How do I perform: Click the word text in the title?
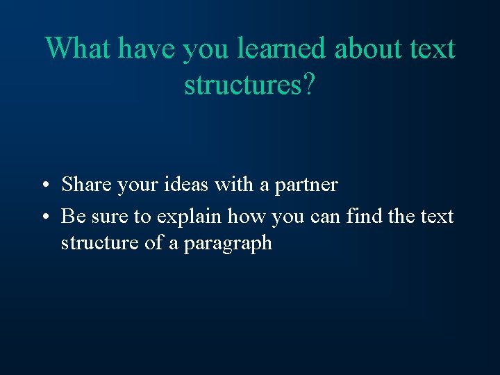[x=431, y=49]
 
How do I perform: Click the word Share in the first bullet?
[x=87, y=185]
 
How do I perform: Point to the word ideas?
[x=186, y=185]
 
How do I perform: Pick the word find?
[x=363, y=217]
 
